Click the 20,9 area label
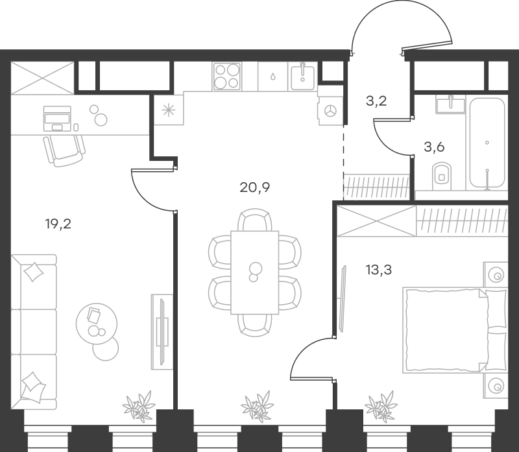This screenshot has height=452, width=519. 254,188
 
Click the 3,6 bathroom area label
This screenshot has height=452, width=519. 434,146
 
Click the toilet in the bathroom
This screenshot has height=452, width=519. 441,174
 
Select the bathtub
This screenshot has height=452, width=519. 487,143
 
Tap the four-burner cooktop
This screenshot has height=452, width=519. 227,77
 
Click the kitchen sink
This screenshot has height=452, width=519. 302,77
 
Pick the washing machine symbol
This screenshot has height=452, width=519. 330,110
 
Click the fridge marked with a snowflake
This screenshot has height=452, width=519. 169,110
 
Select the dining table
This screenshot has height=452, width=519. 254,272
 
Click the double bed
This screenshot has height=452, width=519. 448,331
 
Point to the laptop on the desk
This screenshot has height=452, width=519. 57,117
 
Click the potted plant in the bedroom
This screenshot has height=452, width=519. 379,407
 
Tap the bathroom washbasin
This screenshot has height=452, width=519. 449,104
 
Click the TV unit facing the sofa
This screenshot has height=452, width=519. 162,331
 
